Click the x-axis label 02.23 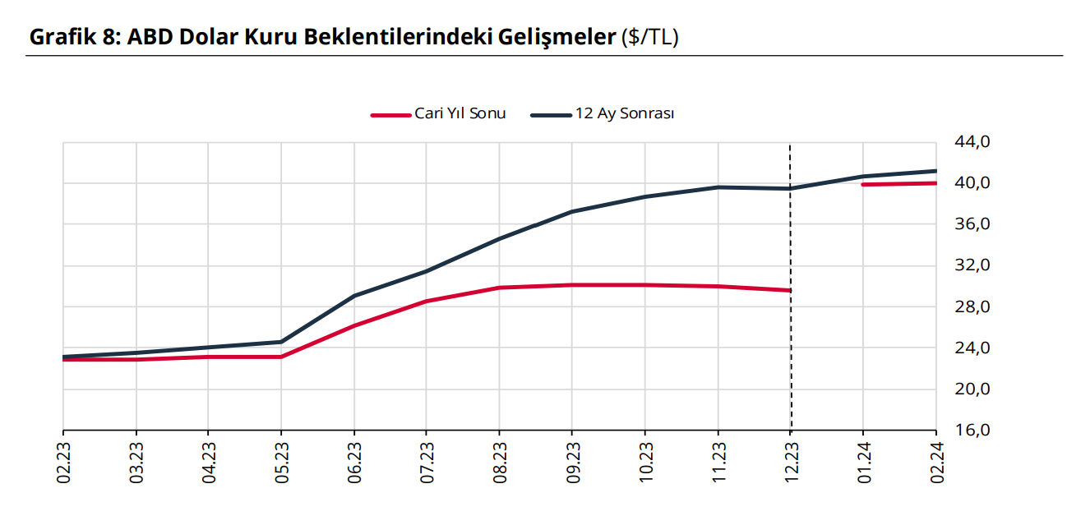[64, 463]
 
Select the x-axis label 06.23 [354, 463]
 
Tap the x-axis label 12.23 [791, 463]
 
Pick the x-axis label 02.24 [936, 463]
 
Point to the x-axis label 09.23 [573, 463]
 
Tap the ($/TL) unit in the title [650, 37]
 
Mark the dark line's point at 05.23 [281, 342]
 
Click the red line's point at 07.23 [427, 301]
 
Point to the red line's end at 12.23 [790, 290]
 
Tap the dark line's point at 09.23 [572, 211]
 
